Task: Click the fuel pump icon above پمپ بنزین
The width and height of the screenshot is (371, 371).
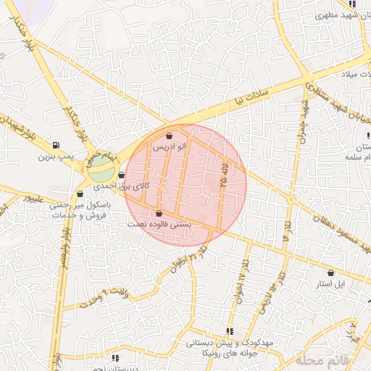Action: [x=56, y=145]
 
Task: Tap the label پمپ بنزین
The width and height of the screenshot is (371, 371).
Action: [x=57, y=156]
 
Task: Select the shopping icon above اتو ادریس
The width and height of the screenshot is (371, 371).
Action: [x=169, y=136]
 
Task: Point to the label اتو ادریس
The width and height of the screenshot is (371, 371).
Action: [x=169, y=146]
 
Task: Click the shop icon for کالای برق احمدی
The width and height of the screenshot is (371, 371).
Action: [x=121, y=175]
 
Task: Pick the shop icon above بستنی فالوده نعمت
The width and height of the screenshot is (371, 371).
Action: [x=159, y=213]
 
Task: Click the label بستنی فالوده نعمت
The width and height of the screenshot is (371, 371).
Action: [x=160, y=225]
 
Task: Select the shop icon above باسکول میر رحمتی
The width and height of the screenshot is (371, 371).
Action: [x=80, y=193]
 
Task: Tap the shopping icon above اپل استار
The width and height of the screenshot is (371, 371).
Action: [x=331, y=273]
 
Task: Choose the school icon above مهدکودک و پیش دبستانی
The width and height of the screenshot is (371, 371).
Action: [x=230, y=330]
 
